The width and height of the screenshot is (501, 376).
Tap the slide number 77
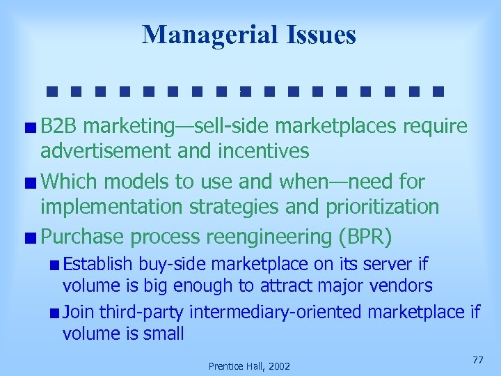click(x=477, y=360)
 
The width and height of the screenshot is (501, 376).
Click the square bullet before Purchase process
click(x=31, y=237)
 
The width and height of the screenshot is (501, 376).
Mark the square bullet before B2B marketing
click(x=31, y=127)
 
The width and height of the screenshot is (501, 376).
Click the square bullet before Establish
click(x=54, y=265)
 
